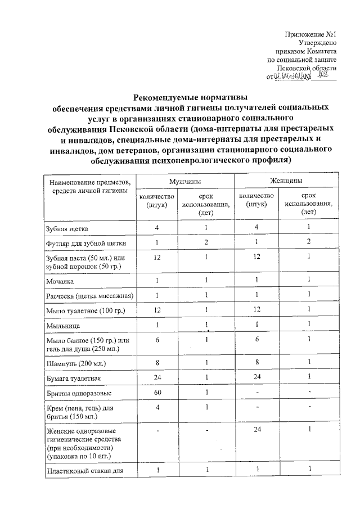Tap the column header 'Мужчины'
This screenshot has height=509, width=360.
pos(186,181)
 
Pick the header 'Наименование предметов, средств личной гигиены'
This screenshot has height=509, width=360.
pos(89,187)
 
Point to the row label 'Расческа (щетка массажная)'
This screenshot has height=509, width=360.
pos(89,296)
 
